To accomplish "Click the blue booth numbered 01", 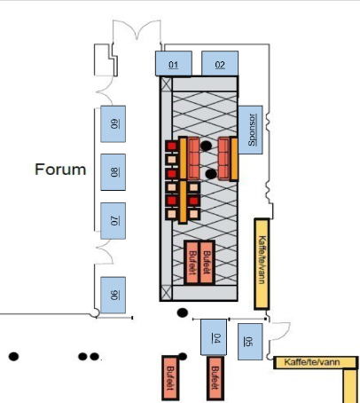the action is (x=174, y=63).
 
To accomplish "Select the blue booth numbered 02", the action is (x=220, y=63).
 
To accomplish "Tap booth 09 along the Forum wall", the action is (x=113, y=124).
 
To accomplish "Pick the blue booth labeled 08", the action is (x=113, y=172).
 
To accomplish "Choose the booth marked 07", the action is (x=113, y=221).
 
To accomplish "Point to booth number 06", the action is (x=113, y=295).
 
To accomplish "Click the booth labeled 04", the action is (x=214, y=337).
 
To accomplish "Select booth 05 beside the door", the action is (x=250, y=342).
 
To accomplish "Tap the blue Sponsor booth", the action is (x=250, y=130).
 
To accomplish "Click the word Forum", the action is (x=60, y=170).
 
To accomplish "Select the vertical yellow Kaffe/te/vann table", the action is (x=262, y=264).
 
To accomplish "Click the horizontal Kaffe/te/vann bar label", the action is (x=312, y=362).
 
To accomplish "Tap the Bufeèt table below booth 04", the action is (x=215, y=378).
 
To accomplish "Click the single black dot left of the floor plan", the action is (x=13, y=357).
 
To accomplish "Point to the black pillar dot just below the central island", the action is (x=183, y=312).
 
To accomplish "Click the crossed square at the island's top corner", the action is (x=167, y=84).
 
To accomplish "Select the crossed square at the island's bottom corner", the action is (x=167, y=293).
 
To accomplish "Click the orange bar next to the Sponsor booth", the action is (x=234, y=159).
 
